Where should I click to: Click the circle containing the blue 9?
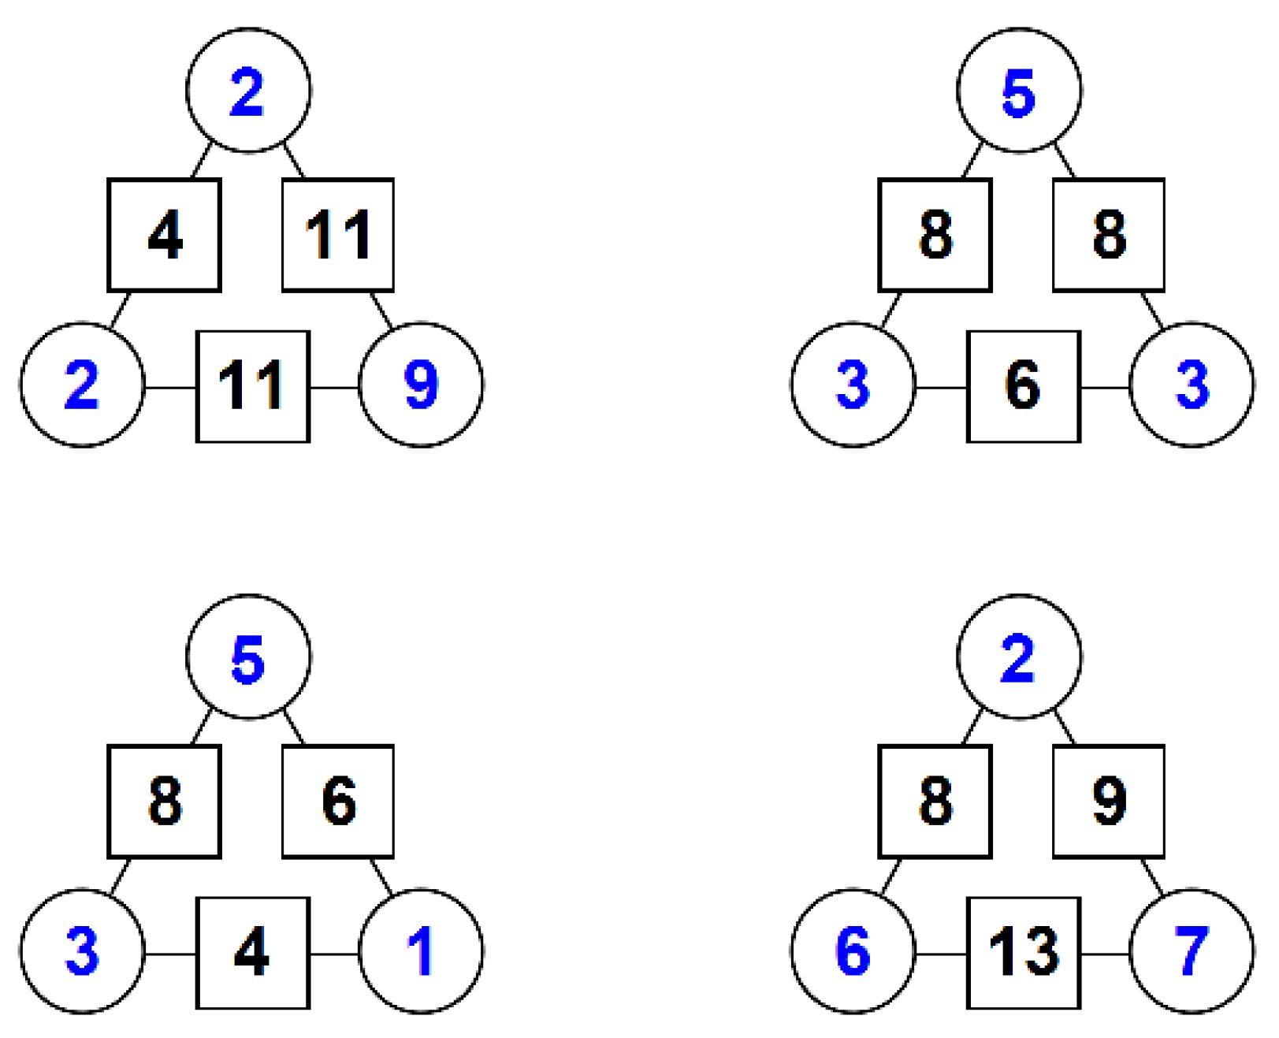[420, 385]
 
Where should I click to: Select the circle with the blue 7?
[1192, 951]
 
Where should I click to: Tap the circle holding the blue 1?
[420, 951]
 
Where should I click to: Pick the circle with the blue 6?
[853, 951]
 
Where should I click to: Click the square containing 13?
[1024, 953]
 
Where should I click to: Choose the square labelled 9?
[1109, 802]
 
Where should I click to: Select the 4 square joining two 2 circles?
[165, 235]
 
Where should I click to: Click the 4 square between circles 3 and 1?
[253, 953]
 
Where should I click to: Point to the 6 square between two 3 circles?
[1024, 387]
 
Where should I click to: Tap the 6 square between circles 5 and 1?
[338, 802]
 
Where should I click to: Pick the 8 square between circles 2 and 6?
[935, 802]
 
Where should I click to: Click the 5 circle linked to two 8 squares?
[1019, 91]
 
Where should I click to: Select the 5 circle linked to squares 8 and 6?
[248, 657]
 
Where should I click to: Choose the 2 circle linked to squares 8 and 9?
[1019, 657]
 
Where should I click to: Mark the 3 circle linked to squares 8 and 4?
[82, 951]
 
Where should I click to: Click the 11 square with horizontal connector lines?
[253, 387]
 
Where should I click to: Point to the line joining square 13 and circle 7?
[1106, 954]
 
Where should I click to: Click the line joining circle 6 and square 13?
[941, 954]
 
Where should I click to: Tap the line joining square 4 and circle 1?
[334, 954]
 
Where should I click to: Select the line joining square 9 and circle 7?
[1151, 877]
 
